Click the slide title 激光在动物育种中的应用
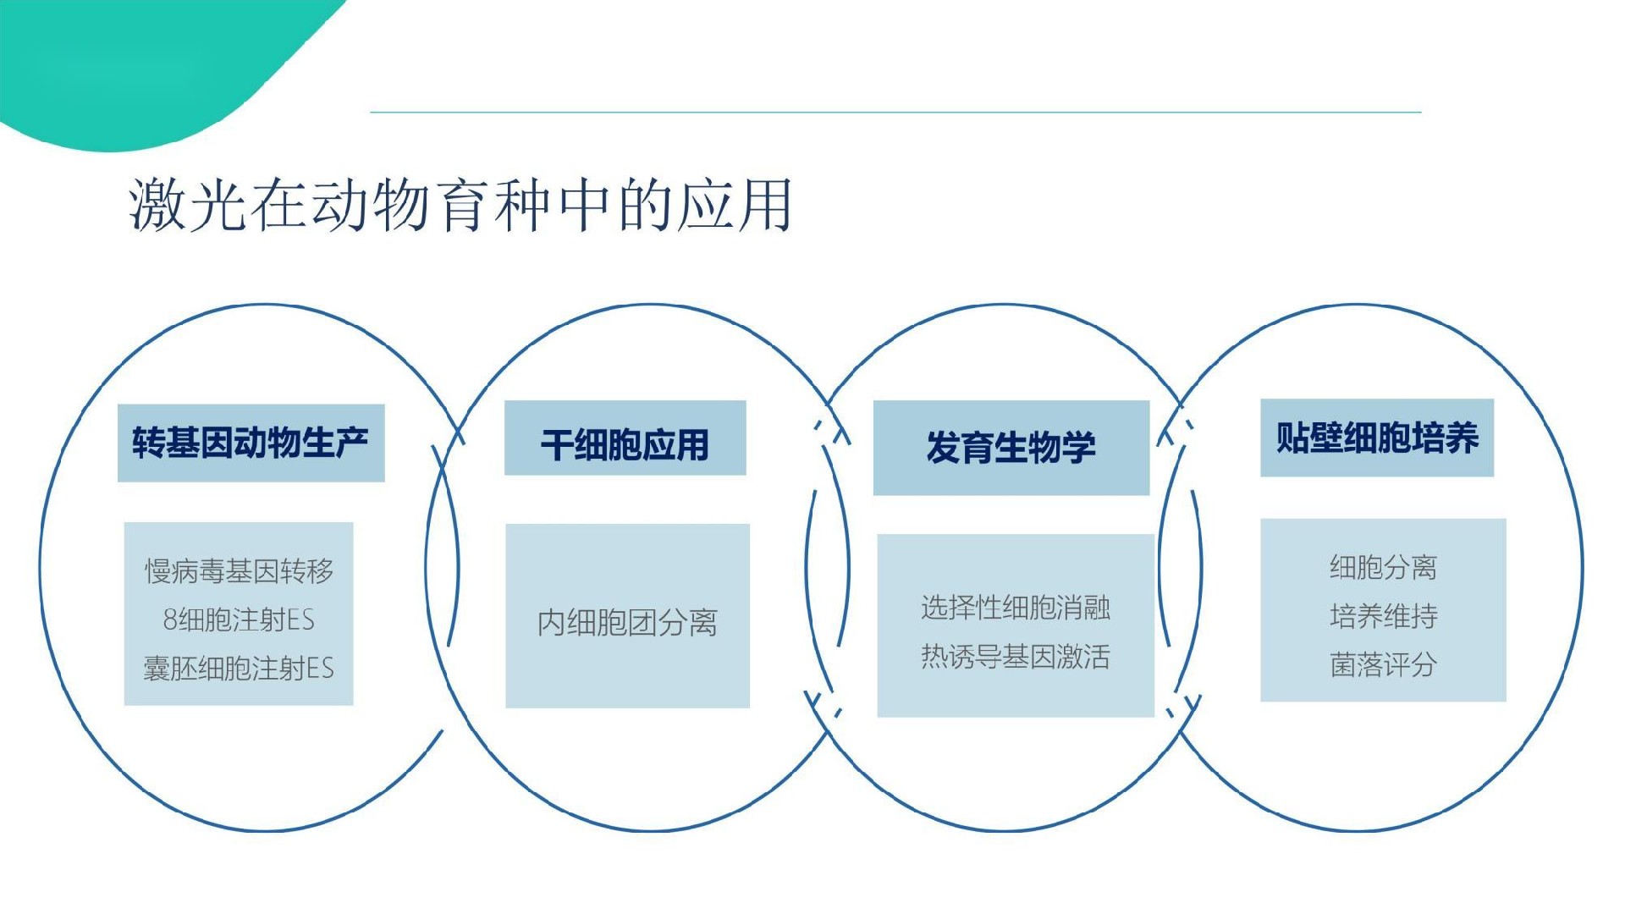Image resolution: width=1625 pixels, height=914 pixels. (x=460, y=205)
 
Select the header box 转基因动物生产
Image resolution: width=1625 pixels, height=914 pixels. (x=251, y=443)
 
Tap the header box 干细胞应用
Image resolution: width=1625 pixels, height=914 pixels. (x=625, y=438)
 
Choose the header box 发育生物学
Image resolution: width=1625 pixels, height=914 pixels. (x=1011, y=448)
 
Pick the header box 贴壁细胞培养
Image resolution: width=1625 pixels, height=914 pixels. (x=1377, y=438)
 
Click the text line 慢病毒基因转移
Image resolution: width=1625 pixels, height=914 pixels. (x=239, y=571)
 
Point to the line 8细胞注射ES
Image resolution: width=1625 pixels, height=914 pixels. (x=239, y=619)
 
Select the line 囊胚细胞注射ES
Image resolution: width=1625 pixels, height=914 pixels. (x=239, y=669)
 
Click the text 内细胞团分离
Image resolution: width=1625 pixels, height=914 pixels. (x=627, y=623)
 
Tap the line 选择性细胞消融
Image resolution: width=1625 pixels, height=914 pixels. (x=1016, y=607)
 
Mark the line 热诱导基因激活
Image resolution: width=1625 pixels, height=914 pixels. (x=1016, y=656)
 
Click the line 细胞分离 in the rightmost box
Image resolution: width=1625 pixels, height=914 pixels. (x=1383, y=567)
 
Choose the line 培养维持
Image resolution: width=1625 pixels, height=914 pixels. (x=1383, y=615)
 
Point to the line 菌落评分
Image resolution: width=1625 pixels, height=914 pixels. (x=1383, y=664)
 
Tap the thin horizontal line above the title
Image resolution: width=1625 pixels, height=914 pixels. (x=895, y=112)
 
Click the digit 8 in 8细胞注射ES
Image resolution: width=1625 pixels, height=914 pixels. (x=170, y=620)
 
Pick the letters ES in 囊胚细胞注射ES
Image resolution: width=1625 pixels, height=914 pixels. (x=320, y=669)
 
